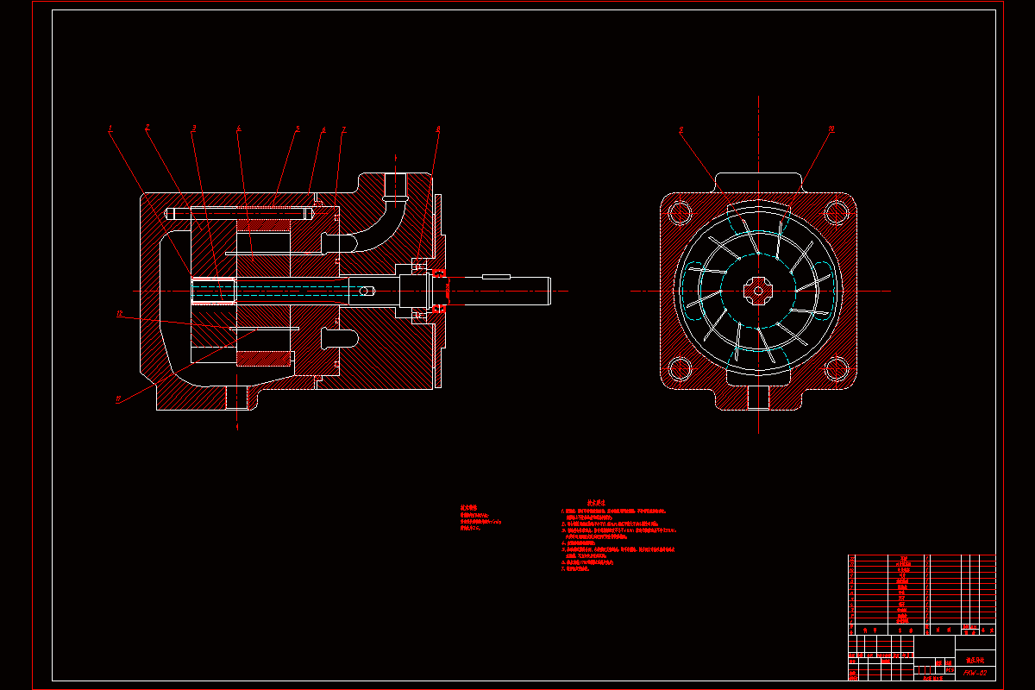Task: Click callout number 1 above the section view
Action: [x=110, y=129]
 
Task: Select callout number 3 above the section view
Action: [x=193, y=129]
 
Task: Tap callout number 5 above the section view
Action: [x=298, y=129]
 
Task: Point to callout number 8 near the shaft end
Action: [x=438, y=129]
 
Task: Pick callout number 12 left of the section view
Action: [x=120, y=314]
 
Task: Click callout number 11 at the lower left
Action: [x=118, y=398]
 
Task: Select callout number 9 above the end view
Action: [x=681, y=130]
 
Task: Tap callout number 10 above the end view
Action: [x=831, y=129]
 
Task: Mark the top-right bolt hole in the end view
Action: [x=835, y=211]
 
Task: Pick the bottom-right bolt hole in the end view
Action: [x=835, y=369]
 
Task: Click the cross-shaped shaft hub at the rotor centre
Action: [x=758, y=291]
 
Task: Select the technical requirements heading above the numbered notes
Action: [x=596, y=502]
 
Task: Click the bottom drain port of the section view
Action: [x=237, y=398]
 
